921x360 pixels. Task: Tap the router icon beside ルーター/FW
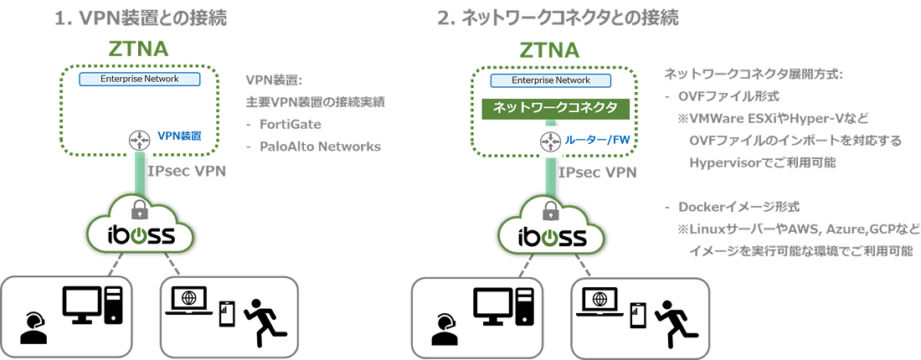pyautogui.click(x=549, y=143)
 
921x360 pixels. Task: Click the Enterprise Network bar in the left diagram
pyautogui.click(x=141, y=79)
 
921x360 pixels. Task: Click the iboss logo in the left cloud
pyautogui.click(x=140, y=235)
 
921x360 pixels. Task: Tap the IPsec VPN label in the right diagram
pyautogui.click(x=597, y=172)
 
